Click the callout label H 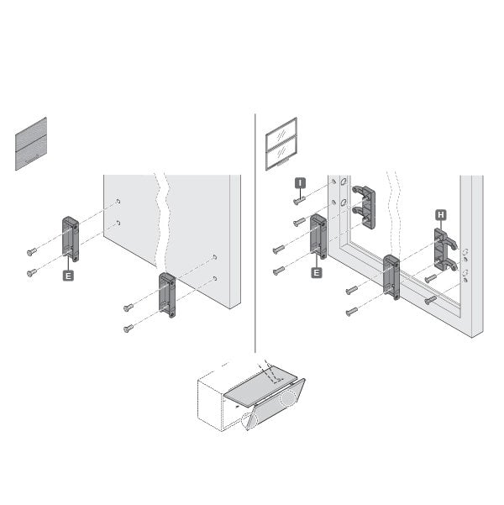(441, 215)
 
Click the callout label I (300, 183)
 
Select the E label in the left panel (68, 276)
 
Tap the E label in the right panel (317, 273)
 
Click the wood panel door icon (31, 144)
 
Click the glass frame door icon (281, 144)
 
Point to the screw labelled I (299, 201)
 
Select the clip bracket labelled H (444, 250)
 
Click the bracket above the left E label (71, 239)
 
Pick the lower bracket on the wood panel (167, 295)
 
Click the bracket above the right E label (318, 236)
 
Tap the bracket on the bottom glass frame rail (391, 277)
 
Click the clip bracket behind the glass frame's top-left (365, 207)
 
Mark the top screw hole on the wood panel (118, 202)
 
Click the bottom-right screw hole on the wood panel (215, 278)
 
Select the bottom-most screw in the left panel (129, 329)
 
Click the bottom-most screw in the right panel (352, 312)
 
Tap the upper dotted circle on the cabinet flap (287, 398)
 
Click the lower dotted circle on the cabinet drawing (249, 421)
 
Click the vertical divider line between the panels (255, 233)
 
